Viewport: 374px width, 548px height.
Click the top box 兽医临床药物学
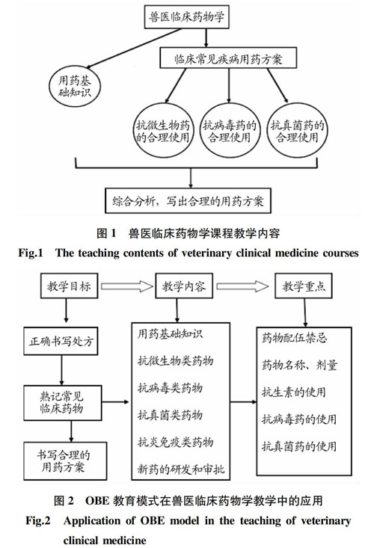pos(187,16)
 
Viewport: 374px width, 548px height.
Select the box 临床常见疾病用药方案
pos(228,58)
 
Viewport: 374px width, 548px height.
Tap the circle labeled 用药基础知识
pos(75,86)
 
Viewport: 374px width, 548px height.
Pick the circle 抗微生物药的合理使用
pos(163,131)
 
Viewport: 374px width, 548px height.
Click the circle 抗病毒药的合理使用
pos(230,131)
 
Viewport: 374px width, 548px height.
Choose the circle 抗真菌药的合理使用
pos(297,130)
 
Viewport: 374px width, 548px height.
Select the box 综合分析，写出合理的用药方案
pos(188,201)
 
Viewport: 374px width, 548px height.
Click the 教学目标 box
pos(69,286)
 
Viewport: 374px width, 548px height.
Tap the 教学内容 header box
pos(184,286)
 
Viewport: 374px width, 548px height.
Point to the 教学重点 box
pos(304,286)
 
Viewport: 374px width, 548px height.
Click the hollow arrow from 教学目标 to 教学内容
pos(127,286)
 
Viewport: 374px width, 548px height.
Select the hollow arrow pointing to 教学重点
pos(242,286)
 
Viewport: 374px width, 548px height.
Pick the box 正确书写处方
pos(61,341)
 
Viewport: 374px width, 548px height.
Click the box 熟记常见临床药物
pos(63,403)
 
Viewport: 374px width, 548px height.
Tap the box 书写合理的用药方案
pos(65,461)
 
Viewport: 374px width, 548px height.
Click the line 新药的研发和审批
pos(181,469)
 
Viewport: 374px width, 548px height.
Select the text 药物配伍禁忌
pos(294,338)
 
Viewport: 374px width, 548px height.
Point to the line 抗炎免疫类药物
pos(175,442)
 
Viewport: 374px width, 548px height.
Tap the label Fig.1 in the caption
pos(31,253)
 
